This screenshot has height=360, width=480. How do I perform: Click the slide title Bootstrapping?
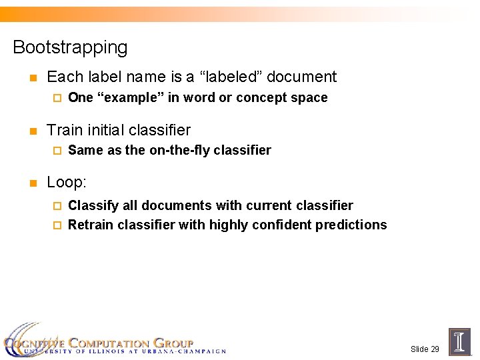click(x=70, y=47)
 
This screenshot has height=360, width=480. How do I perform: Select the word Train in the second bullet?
click(x=65, y=130)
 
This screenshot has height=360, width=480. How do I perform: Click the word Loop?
click(x=67, y=182)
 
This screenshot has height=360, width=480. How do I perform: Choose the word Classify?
click(x=92, y=205)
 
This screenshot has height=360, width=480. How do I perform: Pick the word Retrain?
click(x=91, y=225)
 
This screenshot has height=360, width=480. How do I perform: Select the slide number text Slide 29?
click(x=425, y=349)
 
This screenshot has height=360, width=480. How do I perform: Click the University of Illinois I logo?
click(x=459, y=341)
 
